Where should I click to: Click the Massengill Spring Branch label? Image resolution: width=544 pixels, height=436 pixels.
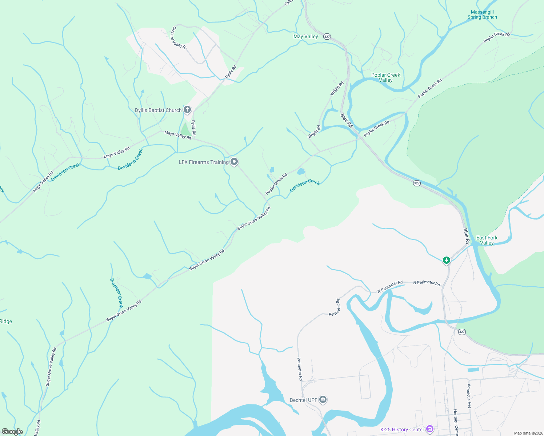point(482,15)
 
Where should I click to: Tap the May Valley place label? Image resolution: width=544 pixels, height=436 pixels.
point(305,36)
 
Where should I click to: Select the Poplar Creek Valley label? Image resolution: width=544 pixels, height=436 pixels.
point(385,77)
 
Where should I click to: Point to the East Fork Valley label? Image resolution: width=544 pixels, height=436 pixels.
point(487,240)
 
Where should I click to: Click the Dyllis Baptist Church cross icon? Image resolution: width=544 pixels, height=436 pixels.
point(187,109)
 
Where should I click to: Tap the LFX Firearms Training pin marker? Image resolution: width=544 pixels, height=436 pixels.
point(235,161)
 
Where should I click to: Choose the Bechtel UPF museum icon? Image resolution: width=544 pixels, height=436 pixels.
point(323,400)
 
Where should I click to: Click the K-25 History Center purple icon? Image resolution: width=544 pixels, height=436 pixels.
point(430,429)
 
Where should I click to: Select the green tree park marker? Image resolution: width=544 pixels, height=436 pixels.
point(447,260)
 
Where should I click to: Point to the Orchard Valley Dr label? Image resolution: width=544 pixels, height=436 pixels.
point(179,38)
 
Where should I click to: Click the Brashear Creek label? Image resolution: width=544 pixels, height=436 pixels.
point(116,292)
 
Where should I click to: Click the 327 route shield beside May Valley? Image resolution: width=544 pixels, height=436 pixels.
point(327,36)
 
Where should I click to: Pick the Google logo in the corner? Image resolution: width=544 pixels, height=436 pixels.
point(12,432)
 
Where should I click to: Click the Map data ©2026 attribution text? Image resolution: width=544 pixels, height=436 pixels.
point(528,433)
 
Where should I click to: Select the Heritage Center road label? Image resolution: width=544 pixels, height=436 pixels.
point(455,422)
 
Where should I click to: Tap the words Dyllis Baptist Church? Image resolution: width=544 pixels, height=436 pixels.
point(158,110)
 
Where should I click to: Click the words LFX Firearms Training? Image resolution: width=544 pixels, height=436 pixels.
point(204,162)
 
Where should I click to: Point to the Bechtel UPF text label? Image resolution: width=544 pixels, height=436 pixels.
point(303,400)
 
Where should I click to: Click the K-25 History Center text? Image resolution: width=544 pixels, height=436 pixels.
point(402,429)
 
